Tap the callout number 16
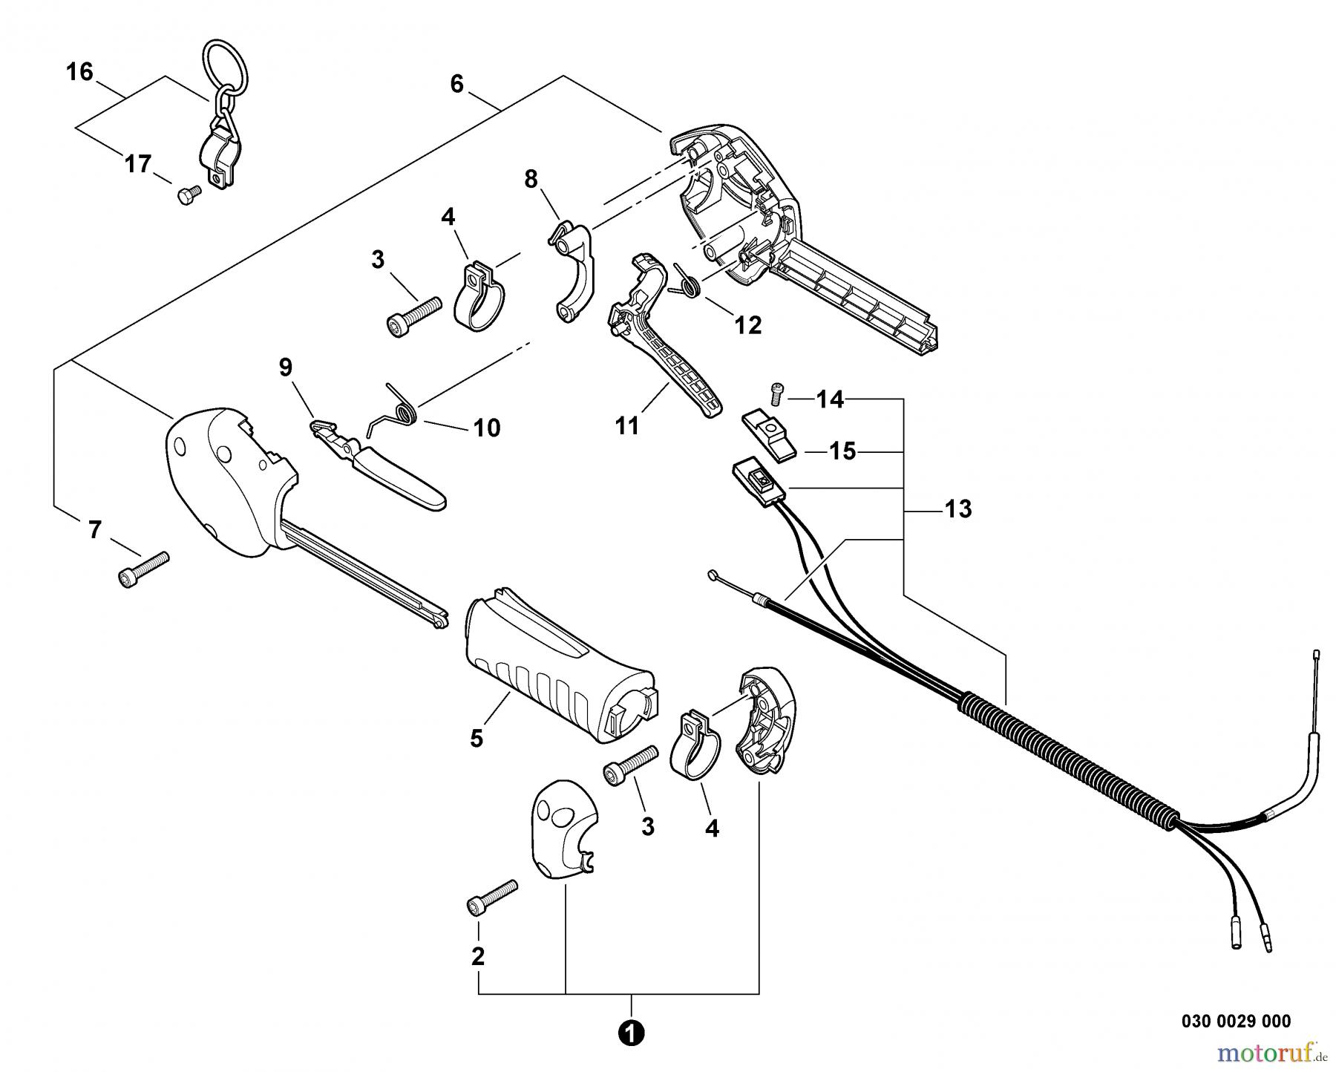pos(79,72)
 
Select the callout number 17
pos(138,163)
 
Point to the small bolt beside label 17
pos(189,195)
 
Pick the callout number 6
pos(456,85)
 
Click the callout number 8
pos(531,180)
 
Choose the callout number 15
pos(842,451)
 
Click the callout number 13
pos(957,509)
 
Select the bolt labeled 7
pos(144,569)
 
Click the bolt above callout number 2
pos(491,897)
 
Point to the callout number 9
pos(286,367)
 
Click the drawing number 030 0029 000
pos(1236,1022)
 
